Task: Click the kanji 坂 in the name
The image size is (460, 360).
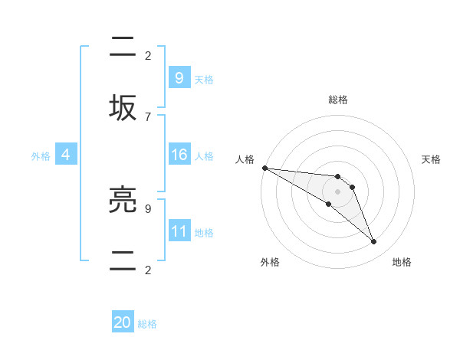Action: [x=125, y=108]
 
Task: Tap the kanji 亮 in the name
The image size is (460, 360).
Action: [x=125, y=200]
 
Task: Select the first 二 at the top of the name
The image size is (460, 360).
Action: [x=125, y=47]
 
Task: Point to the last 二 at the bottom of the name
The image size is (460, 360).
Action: [x=125, y=261]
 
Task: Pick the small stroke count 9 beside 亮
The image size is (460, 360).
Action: [x=147, y=208]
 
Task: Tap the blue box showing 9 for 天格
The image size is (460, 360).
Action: [x=179, y=77]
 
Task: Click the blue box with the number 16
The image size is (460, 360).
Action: [x=179, y=155]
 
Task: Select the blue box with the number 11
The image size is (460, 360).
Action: [x=179, y=231]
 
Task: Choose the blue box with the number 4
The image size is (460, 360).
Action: [x=65, y=155]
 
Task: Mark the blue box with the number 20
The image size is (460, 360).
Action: [x=123, y=322]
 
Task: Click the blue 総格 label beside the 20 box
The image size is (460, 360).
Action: [x=147, y=324]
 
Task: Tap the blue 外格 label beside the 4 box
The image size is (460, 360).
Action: [x=41, y=156]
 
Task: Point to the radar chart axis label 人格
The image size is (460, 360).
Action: [x=245, y=159]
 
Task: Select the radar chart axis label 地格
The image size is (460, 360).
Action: [x=402, y=262]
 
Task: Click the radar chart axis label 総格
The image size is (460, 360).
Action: [x=338, y=100]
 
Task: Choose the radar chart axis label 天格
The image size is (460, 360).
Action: [x=431, y=159]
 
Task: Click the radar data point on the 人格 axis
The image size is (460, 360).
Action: [x=264, y=168]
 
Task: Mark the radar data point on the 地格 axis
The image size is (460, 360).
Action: [x=373, y=242]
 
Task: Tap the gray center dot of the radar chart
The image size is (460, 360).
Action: [x=337, y=191]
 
